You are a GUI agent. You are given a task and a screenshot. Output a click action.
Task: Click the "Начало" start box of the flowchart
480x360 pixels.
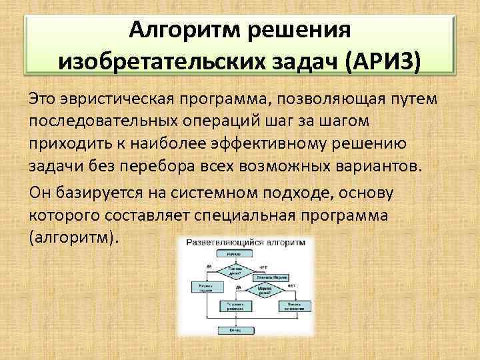click(233, 254)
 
